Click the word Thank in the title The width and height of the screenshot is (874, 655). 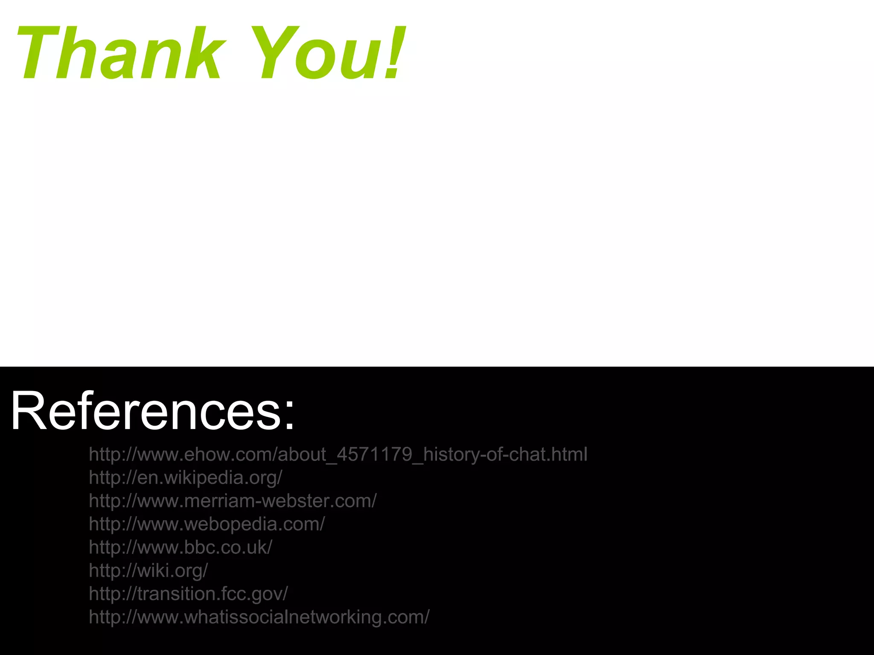point(119,53)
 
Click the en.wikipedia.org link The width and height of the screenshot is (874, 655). point(186,478)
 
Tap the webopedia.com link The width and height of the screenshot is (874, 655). point(207,524)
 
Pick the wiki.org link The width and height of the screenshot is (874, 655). point(148,571)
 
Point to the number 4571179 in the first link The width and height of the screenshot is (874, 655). point(374,455)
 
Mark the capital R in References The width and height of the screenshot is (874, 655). point(28,411)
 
